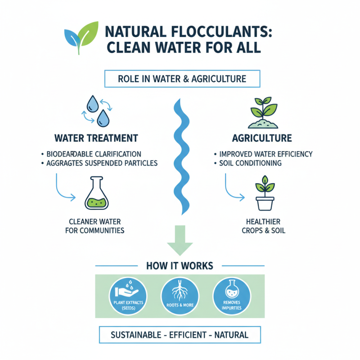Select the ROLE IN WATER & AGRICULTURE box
[x=182, y=79]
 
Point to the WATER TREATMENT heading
[x=96, y=138]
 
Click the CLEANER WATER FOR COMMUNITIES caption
[x=96, y=226]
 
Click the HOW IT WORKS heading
[x=180, y=265]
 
